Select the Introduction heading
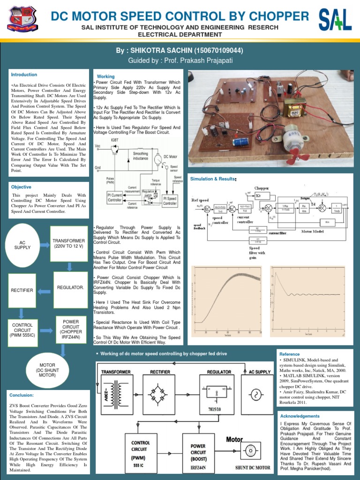[24, 75]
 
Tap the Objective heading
[22, 187]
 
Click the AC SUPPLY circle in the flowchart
[22, 244]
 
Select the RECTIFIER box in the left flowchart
[22, 291]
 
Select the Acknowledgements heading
[300, 416]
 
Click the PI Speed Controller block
[170, 201]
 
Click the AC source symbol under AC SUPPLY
[257, 394]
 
